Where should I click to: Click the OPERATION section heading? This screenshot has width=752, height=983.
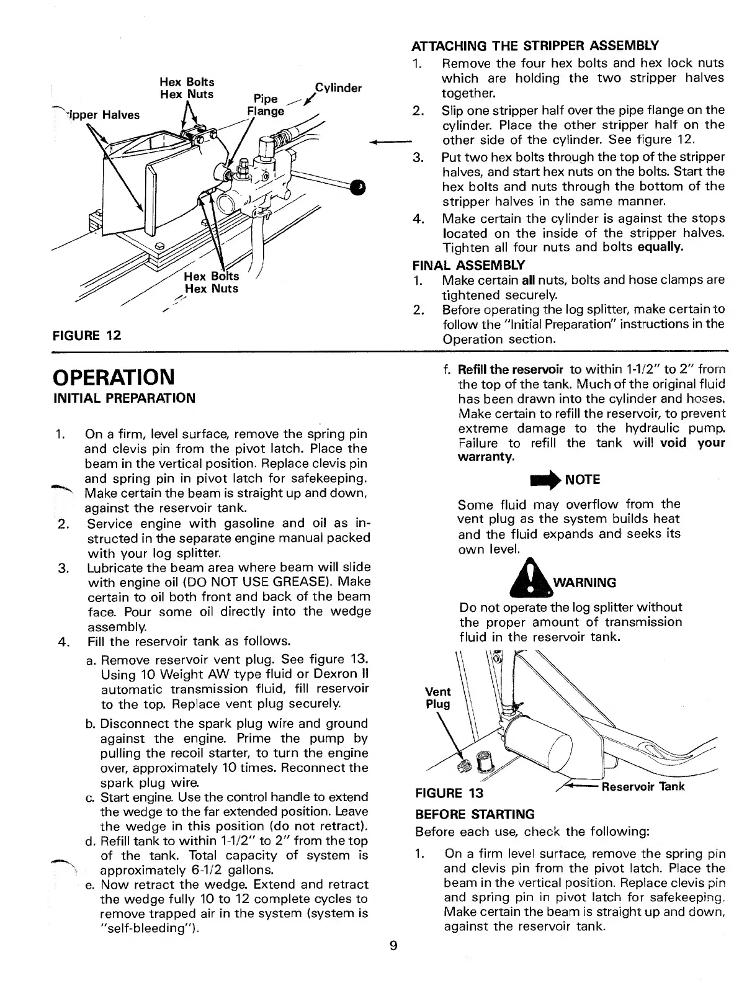pyautogui.click(x=114, y=376)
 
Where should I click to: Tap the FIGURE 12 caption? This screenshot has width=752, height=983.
pyautogui.click(x=86, y=336)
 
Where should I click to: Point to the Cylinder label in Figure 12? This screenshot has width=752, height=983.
pyautogui.click(x=338, y=88)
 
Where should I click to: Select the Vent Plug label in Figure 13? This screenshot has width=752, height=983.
pyautogui.click(x=437, y=698)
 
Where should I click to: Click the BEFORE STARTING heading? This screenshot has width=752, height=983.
pyautogui.click(x=475, y=814)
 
